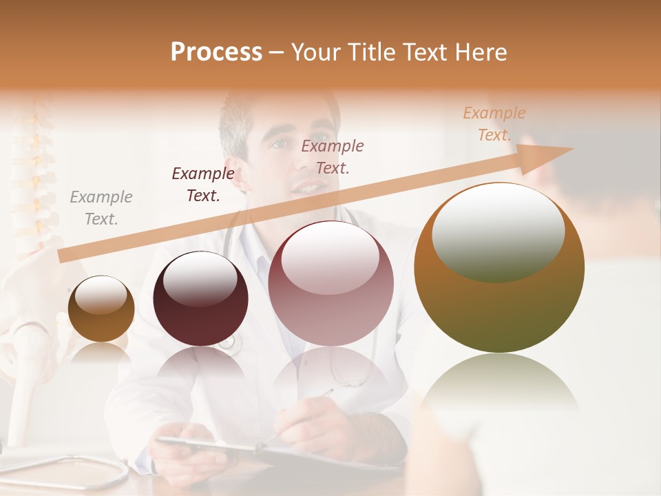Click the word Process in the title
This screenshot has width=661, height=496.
point(216,52)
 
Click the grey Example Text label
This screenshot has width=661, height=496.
point(101,208)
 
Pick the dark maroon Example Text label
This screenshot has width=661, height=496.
point(203,185)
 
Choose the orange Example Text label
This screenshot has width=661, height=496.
point(494,124)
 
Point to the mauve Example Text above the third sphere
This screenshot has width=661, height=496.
point(333,156)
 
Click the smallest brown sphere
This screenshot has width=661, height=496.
point(101,309)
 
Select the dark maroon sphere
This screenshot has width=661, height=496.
point(200,299)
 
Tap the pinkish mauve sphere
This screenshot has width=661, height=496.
point(330,283)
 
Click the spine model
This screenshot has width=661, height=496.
point(31,179)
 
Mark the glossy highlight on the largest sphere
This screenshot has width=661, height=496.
point(498,231)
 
